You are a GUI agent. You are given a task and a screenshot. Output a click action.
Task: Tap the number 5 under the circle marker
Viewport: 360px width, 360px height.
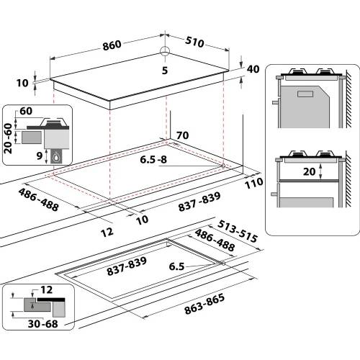[x=165, y=70]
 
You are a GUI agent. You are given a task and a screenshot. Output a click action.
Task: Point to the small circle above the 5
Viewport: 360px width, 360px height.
[x=164, y=52]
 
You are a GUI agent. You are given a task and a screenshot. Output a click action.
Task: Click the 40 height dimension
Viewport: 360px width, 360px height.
[x=252, y=69]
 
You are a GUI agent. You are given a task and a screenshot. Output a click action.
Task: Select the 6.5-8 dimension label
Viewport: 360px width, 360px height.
[x=153, y=160]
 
